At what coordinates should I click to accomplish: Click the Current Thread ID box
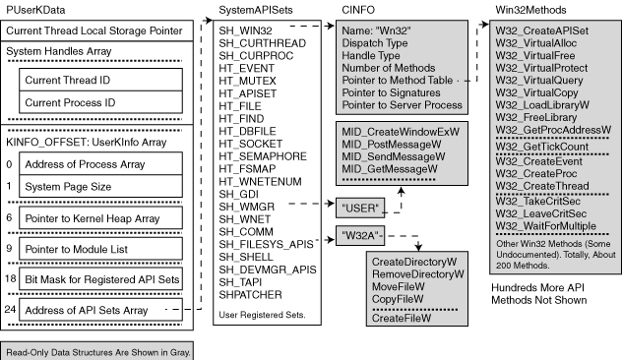click(x=100, y=80)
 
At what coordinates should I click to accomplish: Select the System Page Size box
click(x=100, y=186)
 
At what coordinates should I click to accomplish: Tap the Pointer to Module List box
click(x=100, y=249)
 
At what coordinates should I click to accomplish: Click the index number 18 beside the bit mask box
click(x=10, y=278)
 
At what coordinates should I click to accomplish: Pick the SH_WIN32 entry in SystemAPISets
click(x=245, y=30)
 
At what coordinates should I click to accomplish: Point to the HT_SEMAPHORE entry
click(x=263, y=156)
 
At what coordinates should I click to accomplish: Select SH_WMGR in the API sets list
click(x=246, y=207)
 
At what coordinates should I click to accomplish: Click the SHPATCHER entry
click(x=250, y=294)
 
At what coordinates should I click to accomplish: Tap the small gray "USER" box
click(x=360, y=208)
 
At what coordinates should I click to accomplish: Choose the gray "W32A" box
click(x=360, y=235)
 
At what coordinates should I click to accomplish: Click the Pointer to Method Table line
click(x=397, y=80)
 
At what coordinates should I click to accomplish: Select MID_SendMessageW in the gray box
click(x=393, y=156)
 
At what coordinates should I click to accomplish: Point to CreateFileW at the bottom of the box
click(x=401, y=318)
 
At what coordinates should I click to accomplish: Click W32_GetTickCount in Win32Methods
click(x=542, y=147)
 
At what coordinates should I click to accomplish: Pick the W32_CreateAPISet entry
click(x=542, y=30)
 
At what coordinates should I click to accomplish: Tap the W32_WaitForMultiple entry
click(x=546, y=226)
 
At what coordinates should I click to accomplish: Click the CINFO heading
click(x=358, y=10)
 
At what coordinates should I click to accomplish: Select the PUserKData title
click(x=35, y=10)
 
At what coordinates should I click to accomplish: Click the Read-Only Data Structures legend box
click(x=97, y=351)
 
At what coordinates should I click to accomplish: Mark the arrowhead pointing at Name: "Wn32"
click(x=330, y=26)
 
